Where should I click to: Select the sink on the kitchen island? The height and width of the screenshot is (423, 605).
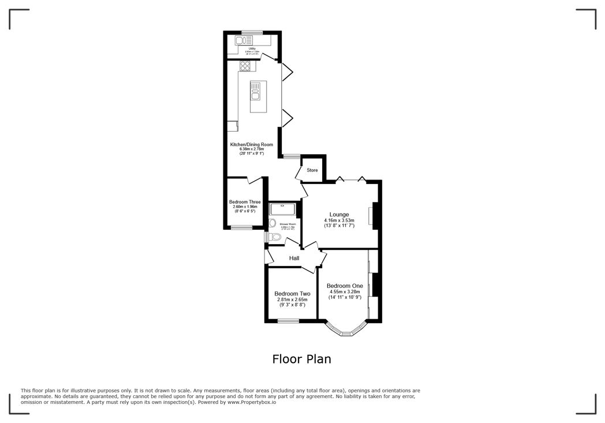point(255,91)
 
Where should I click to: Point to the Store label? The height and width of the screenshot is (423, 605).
point(312,170)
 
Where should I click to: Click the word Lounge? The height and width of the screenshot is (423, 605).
point(339,214)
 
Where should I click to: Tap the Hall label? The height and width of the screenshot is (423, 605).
point(294,258)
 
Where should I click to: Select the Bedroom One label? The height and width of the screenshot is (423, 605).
point(345,286)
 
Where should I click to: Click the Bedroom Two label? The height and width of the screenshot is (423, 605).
point(292,293)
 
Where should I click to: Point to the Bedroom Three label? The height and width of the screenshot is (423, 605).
point(245,202)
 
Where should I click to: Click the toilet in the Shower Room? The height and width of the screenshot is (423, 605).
point(275,237)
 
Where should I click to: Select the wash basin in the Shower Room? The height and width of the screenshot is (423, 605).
point(272,223)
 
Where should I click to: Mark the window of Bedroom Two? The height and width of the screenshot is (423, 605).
point(288,321)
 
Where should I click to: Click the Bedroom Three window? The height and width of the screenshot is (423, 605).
point(241,228)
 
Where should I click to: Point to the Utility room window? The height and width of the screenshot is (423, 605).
point(252,32)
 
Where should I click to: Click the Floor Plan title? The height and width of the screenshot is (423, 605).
point(302,359)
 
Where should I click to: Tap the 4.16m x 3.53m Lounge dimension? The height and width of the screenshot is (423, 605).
point(339,220)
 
